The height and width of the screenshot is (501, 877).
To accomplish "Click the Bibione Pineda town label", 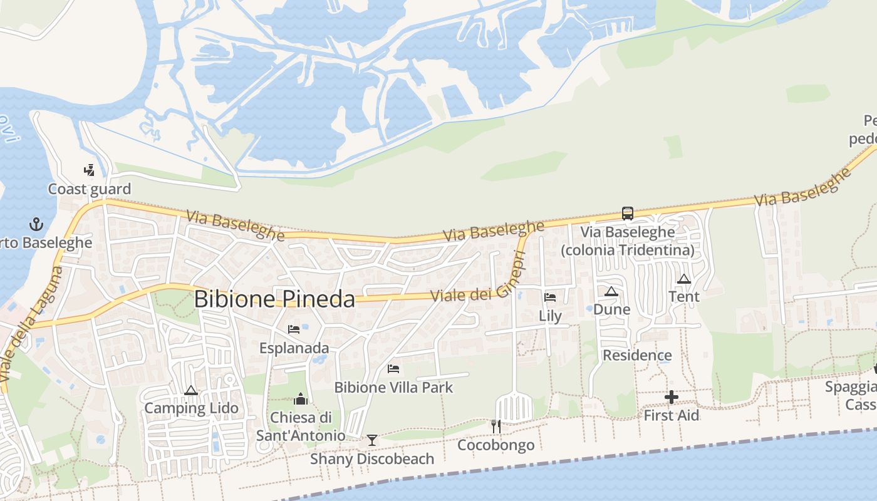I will (x=274, y=299).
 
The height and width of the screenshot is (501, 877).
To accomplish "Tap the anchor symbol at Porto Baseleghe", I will (x=36, y=224).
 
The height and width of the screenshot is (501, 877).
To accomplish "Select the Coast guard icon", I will (x=89, y=170).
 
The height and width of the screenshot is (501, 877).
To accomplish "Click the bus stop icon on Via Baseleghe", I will (x=627, y=213).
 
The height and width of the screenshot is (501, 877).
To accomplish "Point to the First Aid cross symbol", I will (x=671, y=397).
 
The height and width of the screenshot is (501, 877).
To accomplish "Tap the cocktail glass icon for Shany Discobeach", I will (x=372, y=440).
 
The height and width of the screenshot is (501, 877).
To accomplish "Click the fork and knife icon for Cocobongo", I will (x=496, y=426).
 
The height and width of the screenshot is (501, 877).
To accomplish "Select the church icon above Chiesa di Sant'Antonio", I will (x=301, y=399).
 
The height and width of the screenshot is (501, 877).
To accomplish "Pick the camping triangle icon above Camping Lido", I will (x=191, y=390).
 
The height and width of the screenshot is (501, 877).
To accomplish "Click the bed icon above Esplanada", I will (x=294, y=329).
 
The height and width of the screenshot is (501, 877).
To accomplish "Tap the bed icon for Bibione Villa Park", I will (x=393, y=369).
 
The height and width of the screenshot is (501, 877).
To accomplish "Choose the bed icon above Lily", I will (x=550, y=297).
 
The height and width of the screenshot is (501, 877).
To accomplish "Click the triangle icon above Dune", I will (x=611, y=291).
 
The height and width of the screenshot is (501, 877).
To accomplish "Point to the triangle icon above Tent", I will (x=684, y=279).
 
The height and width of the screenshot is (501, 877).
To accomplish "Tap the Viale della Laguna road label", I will (x=31, y=325).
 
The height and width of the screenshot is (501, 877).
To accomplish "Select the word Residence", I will (x=637, y=356).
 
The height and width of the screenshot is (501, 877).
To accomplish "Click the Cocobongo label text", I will (x=496, y=445).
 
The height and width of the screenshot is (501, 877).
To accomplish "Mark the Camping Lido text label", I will (x=191, y=408).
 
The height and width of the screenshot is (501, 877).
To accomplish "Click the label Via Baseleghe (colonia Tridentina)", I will (x=627, y=241).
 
